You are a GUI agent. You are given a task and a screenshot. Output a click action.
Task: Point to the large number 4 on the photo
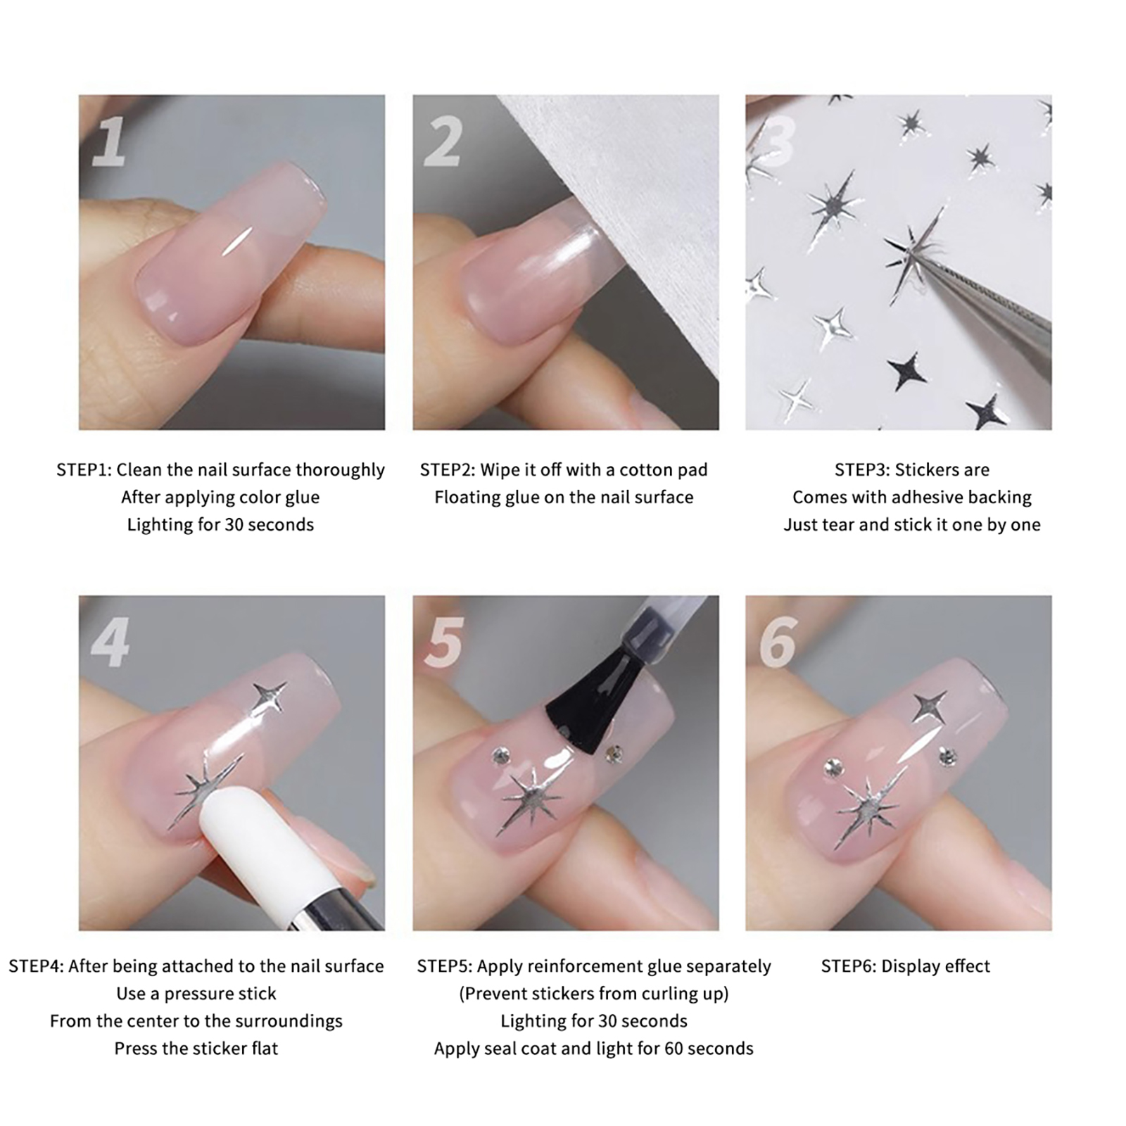[x=111, y=643]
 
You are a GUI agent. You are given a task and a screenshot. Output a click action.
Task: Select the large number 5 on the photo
[x=443, y=643]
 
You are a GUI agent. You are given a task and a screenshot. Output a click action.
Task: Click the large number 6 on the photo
[x=778, y=643]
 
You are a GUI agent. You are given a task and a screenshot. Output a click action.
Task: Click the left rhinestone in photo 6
[x=833, y=764]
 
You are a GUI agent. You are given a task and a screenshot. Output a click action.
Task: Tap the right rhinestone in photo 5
[x=614, y=754]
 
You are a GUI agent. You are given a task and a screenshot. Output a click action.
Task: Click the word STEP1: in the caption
[x=84, y=469]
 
